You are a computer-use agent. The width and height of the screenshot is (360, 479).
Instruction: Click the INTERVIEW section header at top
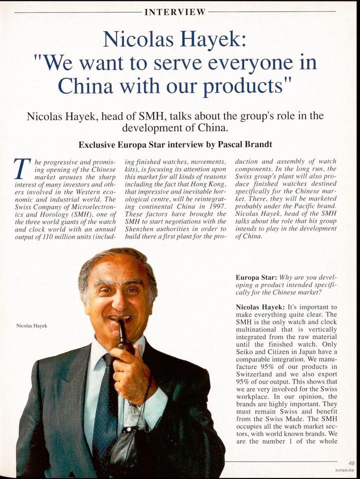(x=175, y=12)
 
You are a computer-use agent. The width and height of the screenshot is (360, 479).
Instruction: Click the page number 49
(x=350, y=464)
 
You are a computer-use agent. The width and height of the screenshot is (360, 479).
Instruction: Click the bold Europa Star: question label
(x=258, y=276)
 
